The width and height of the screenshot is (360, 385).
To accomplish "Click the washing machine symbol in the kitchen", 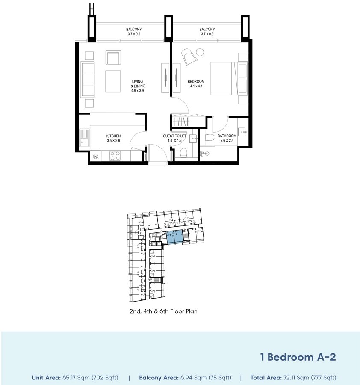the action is coord(96,156).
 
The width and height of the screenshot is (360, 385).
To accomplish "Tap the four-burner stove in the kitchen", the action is coord(115,156).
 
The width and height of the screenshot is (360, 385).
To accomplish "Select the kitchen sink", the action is coord(84,138).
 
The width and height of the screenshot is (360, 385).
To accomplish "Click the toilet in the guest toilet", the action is coord(183,153).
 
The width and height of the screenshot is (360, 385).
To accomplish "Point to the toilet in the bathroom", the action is coord(210,137).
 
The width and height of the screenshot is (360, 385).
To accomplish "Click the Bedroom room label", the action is coord(196,82).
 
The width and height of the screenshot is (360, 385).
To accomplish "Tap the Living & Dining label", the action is coord(138,84).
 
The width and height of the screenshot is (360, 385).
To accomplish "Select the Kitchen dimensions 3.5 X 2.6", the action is coord(113,141).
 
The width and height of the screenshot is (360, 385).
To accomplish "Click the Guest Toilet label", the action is coord(174,136).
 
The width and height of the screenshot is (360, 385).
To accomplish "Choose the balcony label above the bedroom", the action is coord(207,29).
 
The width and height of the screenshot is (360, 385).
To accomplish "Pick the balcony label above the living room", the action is coord(134,29).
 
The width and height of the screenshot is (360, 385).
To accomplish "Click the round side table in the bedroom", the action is coord(200,52).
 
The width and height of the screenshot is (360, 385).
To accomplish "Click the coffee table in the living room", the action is coord(113,81).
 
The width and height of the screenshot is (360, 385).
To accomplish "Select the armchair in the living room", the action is coord(113,58).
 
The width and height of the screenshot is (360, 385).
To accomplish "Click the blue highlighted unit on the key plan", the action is coord(175,237).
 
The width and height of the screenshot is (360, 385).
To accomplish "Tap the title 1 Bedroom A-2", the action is coord(298,357).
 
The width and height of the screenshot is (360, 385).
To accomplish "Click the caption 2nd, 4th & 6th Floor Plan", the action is coord(163,311).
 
